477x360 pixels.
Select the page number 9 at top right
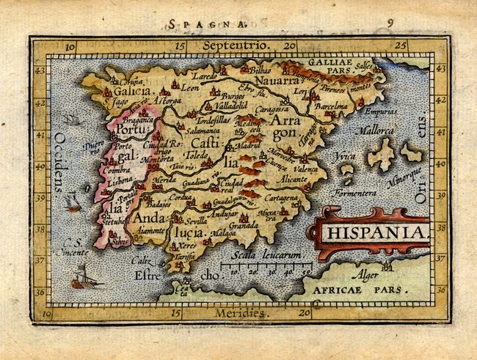click(x=390, y=22)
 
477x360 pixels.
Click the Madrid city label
click(x=255, y=146)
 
